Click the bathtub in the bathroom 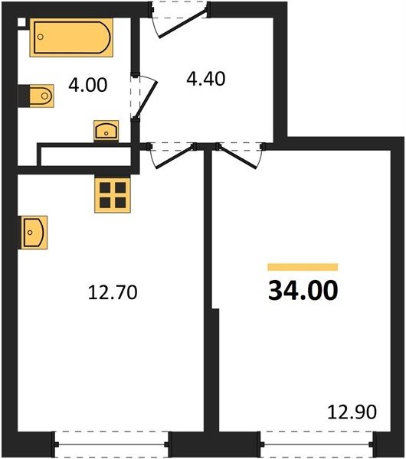coord(71,37)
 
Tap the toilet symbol coord(41,96)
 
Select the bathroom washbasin coord(106,131)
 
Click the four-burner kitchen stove coord(113,194)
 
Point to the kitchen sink coord(34,233)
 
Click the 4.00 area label coord(87,85)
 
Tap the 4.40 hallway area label coord(206,79)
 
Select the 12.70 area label coord(113,292)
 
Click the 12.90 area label coord(352,412)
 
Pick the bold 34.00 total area coord(303,290)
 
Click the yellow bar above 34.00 coord(303,267)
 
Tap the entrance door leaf coord(183,24)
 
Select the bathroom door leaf coord(146,99)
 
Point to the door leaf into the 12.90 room coord(237,157)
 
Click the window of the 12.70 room coord(112,444)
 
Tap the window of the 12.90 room coord(317,444)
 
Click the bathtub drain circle coord(41,37)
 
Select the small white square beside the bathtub coord(21,22)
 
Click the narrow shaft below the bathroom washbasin coord(86,156)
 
